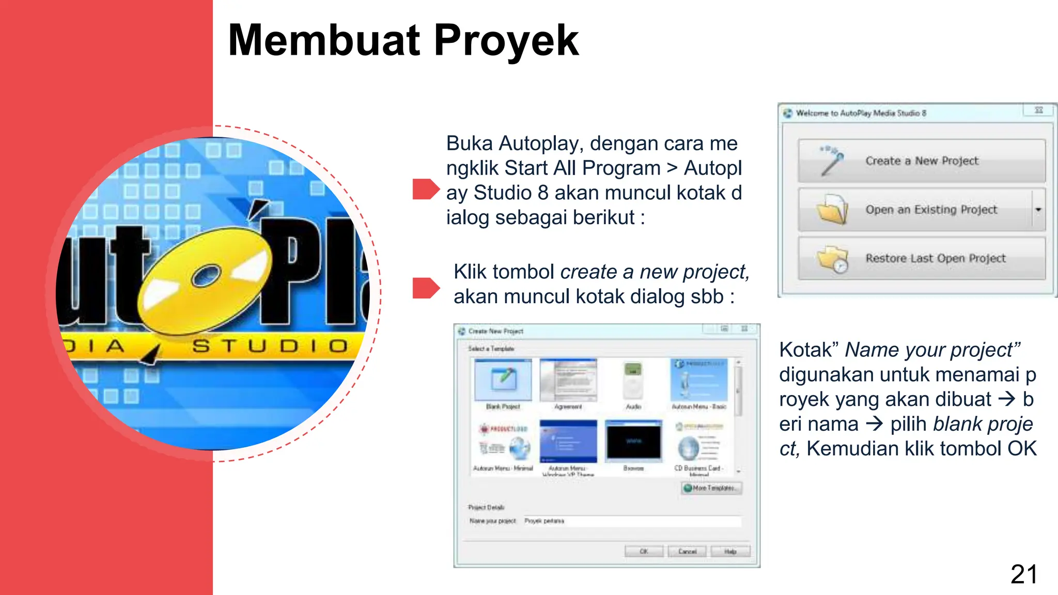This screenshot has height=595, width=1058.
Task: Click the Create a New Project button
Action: point(921,161)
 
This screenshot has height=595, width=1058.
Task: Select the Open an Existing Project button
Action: point(914,210)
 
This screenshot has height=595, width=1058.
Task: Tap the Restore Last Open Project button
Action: point(921,258)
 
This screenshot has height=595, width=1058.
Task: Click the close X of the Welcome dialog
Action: point(1038,111)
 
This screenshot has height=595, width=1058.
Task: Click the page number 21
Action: point(1023,574)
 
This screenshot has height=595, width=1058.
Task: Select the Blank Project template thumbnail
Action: point(503,381)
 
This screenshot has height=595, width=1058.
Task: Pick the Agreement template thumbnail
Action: point(568,381)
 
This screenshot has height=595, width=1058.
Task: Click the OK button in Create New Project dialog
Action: point(644,552)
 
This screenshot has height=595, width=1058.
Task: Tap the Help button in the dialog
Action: point(730,552)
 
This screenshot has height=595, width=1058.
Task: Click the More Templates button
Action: point(711,488)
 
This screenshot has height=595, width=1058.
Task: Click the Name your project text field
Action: point(631,521)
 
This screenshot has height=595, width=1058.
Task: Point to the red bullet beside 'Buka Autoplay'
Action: point(425,189)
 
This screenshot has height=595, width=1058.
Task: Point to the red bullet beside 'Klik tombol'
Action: point(425,288)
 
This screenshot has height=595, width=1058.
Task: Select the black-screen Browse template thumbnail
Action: point(633,441)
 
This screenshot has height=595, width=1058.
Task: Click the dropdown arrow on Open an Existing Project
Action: point(1038,210)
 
